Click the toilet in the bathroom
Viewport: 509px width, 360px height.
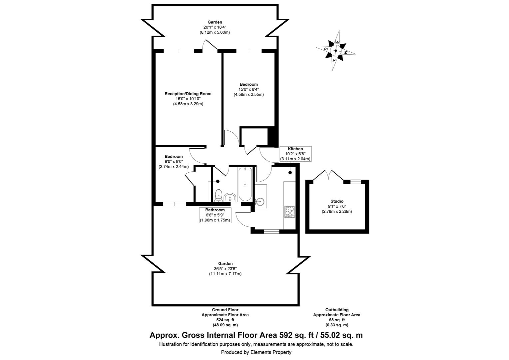click(219, 195)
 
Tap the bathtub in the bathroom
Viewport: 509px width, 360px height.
click(245, 184)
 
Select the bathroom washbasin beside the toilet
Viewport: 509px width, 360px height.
click(230, 197)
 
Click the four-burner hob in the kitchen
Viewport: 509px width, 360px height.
click(289, 211)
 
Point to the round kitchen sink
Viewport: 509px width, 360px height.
click(260, 201)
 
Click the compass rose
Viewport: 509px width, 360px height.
click(336, 51)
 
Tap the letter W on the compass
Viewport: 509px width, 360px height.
click(337, 42)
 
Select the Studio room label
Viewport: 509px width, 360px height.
click(337, 201)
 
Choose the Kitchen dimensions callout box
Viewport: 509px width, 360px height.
click(295, 154)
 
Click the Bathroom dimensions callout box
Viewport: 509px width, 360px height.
click(215, 215)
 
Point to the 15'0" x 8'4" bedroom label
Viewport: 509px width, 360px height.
click(249, 89)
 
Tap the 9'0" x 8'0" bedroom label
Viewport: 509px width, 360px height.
click(174, 161)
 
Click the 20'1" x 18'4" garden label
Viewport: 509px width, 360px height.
click(215, 27)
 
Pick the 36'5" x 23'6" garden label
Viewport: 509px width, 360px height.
click(223, 268)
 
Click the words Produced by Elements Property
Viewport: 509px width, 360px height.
click(256, 352)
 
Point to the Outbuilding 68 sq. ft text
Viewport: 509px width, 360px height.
click(337, 317)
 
